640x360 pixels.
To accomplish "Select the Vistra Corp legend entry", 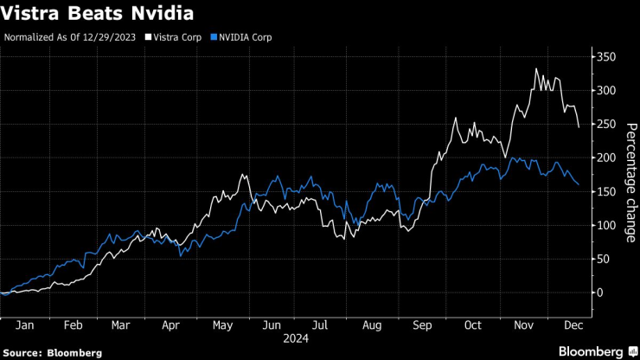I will (177, 38).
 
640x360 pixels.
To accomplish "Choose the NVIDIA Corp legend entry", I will (241, 38).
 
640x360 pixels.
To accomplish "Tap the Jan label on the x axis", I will (24, 325).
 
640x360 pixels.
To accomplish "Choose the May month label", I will (224, 325).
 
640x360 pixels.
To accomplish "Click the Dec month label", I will (572, 325).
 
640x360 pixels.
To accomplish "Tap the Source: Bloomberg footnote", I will (52, 352).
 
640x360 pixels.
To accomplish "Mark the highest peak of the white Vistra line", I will (536, 69).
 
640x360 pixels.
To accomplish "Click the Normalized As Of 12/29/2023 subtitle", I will (70, 38).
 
